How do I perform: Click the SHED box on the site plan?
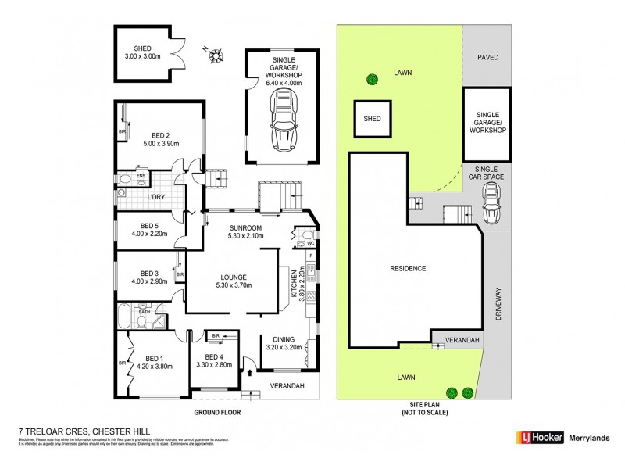[373, 119]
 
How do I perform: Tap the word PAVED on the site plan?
[488, 57]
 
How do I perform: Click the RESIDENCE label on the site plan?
[407, 269]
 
